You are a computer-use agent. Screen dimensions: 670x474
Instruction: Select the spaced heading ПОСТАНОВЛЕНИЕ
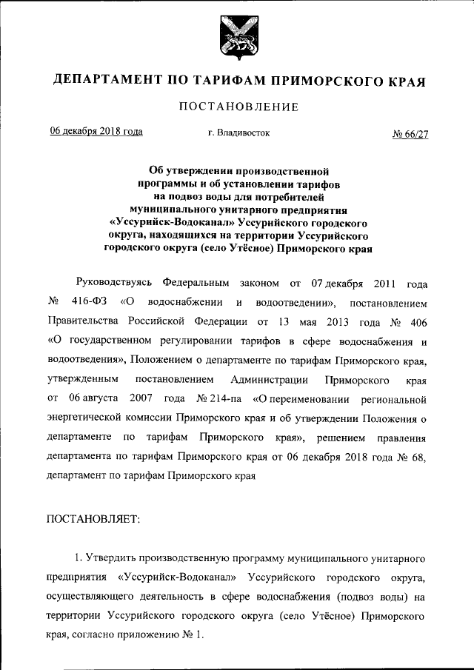(x=237, y=107)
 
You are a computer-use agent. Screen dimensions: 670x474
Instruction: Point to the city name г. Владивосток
(x=239, y=133)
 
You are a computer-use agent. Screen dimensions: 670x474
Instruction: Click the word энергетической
(x=93, y=418)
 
